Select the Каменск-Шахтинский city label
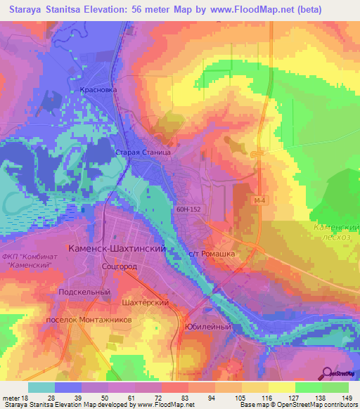(x=116, y=249)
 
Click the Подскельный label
(x=85, y=292)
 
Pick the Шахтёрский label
(x=146, y=301)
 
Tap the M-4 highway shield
(x=261, y=201)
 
